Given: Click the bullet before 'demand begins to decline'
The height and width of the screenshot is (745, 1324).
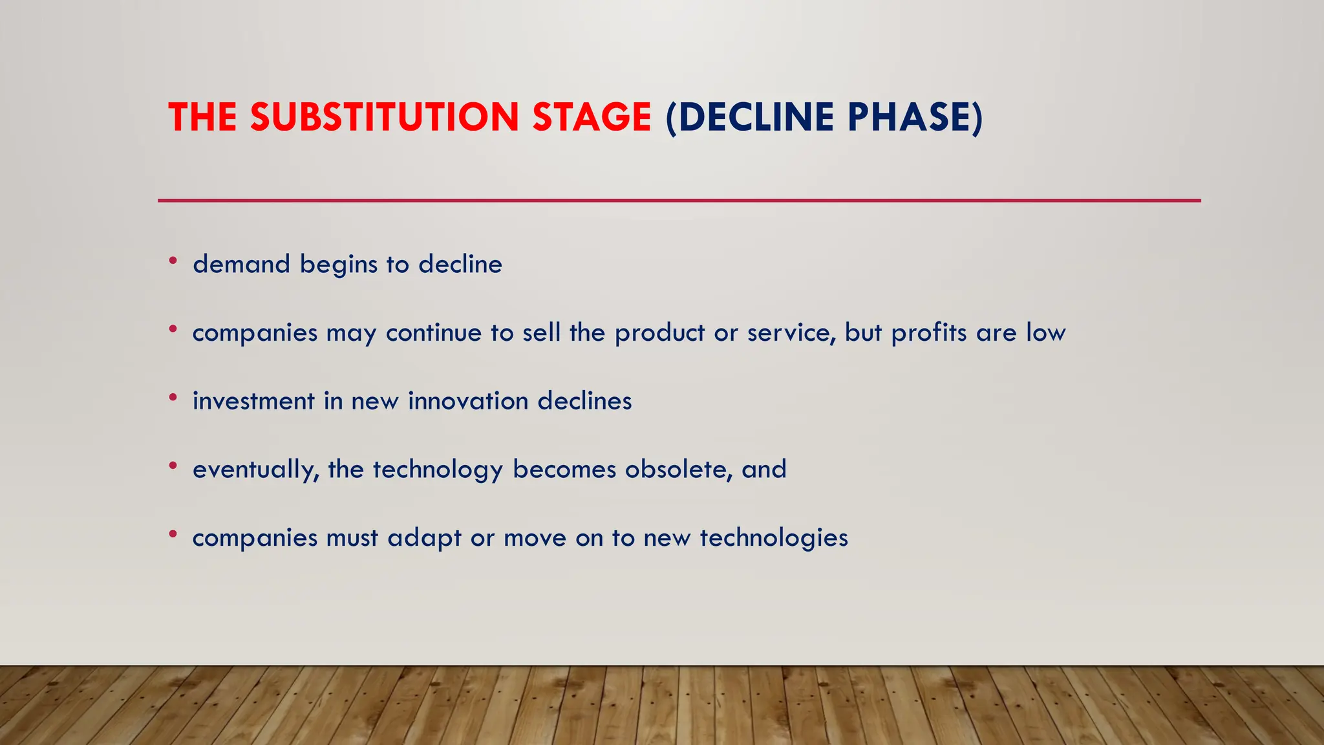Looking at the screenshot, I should [173, 261].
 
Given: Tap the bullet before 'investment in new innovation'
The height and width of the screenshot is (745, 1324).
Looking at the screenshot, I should [173, 398].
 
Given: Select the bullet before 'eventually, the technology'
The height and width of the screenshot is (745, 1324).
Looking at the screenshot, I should [173, 466].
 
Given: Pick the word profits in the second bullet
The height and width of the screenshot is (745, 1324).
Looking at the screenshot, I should [929, 333].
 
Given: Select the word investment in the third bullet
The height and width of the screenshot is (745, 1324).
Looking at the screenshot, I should [253, 401].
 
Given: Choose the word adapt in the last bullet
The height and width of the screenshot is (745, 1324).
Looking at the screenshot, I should [424, 539].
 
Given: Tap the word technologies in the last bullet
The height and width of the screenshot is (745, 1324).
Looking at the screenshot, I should [774, 539].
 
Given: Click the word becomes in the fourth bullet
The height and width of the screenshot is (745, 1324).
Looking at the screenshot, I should [564, 470].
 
